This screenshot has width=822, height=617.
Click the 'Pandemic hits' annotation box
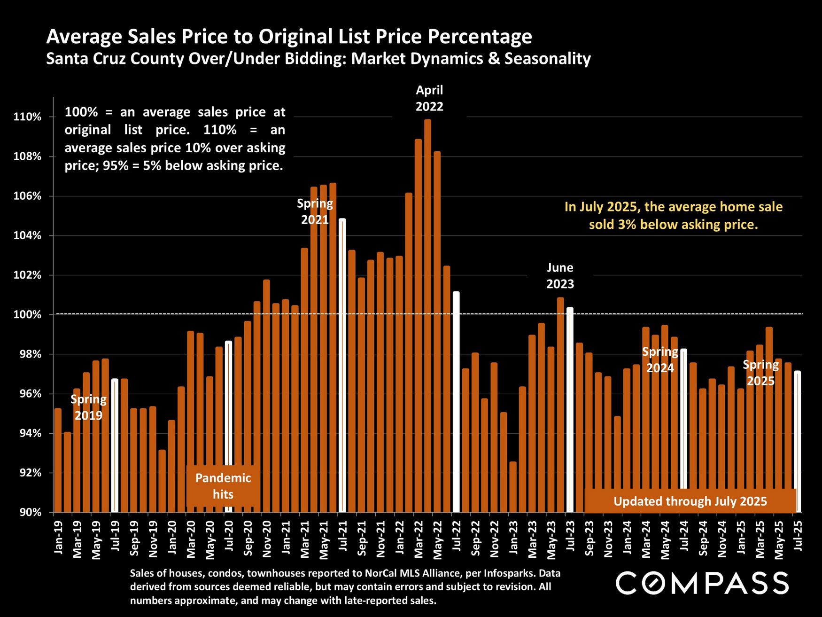coord(223,486)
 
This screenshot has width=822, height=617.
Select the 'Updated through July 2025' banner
coord(690,501)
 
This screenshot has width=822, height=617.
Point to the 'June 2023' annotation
coord(560,276)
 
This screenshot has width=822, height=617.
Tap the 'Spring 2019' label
coord(88,407)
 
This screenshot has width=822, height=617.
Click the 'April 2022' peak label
coord(429,98)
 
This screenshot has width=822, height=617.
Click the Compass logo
coord(702,583)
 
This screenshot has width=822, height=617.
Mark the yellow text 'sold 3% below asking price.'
coord(674,225)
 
